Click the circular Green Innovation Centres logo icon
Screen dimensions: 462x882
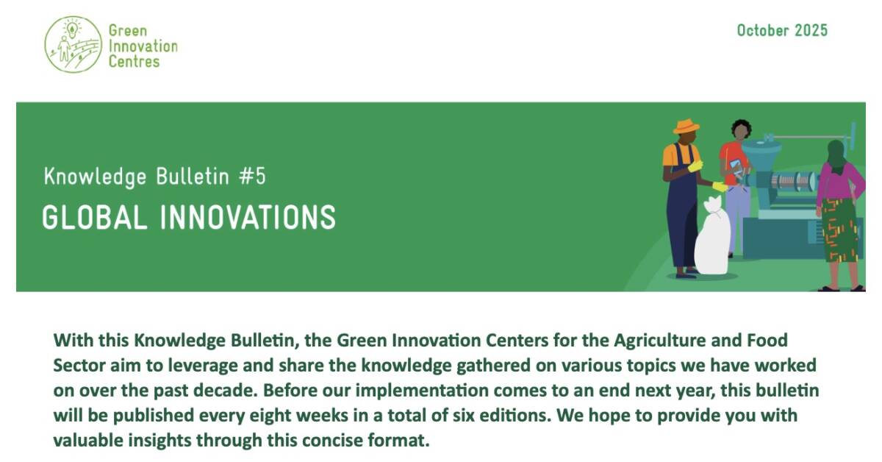click(73, 44)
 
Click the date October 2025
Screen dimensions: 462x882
click(782, 30)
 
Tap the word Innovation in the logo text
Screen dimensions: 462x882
click(143, 46)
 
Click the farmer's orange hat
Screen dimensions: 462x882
click(686, 127)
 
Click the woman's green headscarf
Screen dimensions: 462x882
click(837, 153)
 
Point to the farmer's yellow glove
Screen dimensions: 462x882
click(695, 166)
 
